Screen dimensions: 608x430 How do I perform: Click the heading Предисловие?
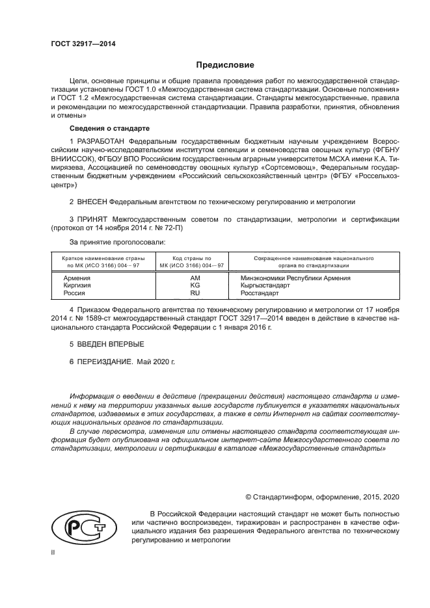pos(221,65)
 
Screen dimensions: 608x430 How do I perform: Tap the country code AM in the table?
pos(195,278)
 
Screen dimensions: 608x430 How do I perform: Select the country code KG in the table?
pos(195,285)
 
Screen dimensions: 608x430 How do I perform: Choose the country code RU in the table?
pos(195,293)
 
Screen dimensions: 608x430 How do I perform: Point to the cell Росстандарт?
pos(258,293)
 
